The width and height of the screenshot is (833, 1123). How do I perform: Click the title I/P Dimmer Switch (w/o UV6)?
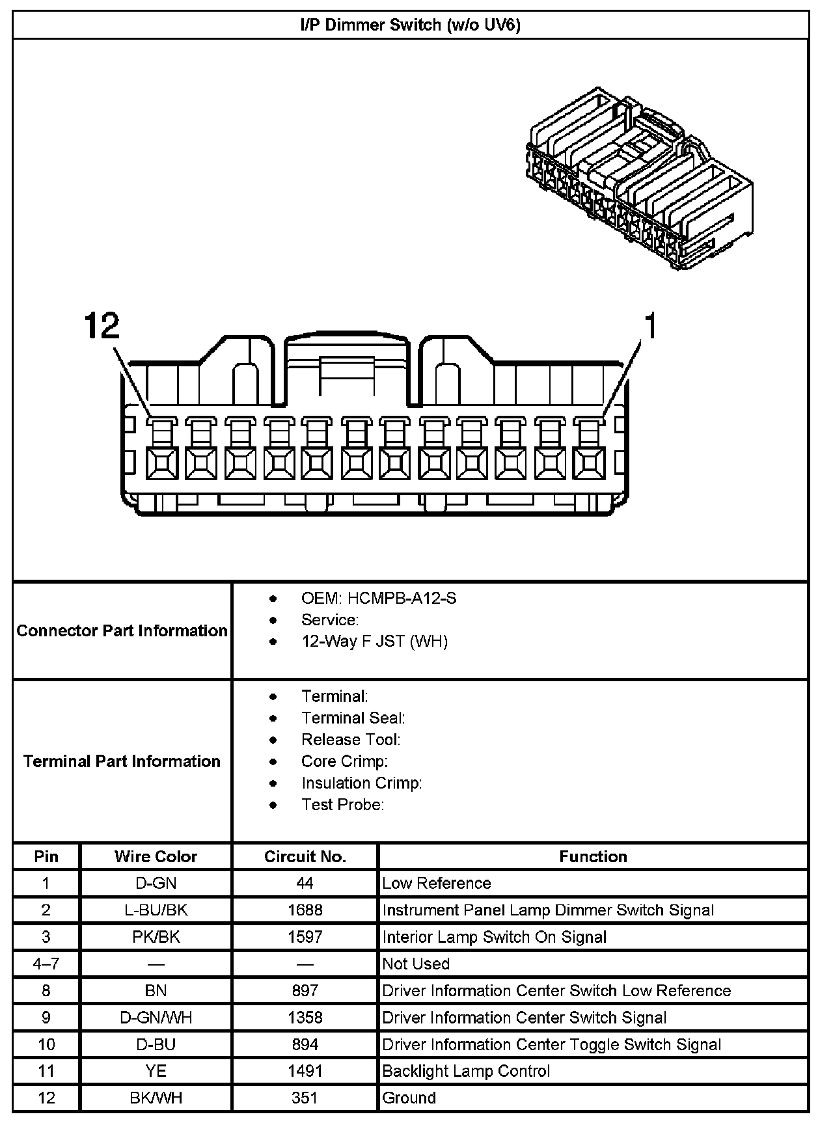click(410, 25)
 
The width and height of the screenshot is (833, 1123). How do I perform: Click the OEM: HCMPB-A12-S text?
click(378, 598)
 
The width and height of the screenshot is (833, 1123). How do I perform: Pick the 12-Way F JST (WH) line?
click(374, 642)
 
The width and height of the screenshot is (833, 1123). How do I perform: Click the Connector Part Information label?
click(122, 630)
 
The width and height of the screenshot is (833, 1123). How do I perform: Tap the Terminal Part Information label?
click(122, 761)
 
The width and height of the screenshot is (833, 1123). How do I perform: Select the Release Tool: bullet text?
click(351, 740)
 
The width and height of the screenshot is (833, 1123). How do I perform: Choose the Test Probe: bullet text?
click(342, 805)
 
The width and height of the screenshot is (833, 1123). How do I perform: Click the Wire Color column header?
click(156, 856)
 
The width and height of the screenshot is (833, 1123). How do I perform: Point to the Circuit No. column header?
click(305, 856)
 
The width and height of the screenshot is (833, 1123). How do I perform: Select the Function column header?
click(593, 856)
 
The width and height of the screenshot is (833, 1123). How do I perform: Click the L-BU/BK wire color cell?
click(156, 910)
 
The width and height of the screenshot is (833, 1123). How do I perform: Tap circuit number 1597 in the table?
click(305, 937)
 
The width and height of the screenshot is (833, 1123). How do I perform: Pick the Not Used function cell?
click(416, 964)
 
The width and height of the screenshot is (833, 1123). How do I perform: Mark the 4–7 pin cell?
click(46, 964)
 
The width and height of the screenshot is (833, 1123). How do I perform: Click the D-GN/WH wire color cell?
click(156, 1018)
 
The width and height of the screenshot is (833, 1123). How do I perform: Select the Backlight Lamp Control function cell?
click(466, 1071)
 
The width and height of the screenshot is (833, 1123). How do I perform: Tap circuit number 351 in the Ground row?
click(305, 1098)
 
